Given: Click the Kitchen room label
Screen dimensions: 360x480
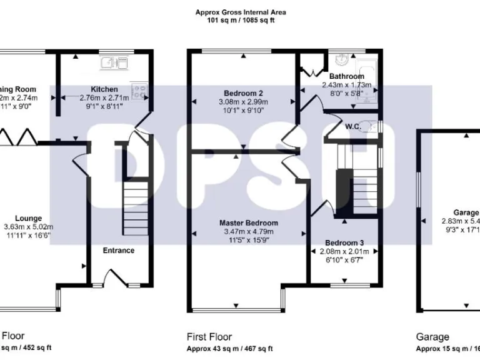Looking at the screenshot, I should tap(104, 89).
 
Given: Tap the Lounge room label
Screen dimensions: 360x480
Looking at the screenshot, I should tap(28, 218).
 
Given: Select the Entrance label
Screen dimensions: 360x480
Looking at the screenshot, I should tap(118, 251).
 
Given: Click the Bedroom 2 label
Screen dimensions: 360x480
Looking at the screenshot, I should tap(243, 94).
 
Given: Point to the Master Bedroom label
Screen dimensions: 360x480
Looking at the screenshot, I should tap(248, 223).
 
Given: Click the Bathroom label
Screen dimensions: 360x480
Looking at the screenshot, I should tap(346, 77).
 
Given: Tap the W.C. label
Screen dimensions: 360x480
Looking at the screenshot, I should tap(354, 126).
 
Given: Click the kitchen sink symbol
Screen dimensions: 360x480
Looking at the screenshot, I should tap(113, 62).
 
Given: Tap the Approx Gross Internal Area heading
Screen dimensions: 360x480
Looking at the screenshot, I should tap(241, 12).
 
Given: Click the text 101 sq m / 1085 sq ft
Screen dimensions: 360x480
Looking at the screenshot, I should tap(241, 20).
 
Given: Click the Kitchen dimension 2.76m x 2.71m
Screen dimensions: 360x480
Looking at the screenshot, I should tap(104, 98).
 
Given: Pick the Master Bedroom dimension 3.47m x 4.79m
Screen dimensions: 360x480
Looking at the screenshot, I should tap(248, 232).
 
